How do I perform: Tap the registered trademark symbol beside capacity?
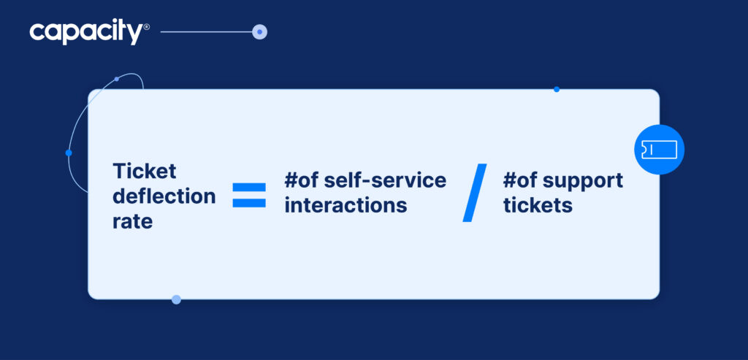pos(147,27)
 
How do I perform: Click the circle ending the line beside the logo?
pos(259,32)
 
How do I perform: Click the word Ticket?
pos(145,171)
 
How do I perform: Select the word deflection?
pos(164,196)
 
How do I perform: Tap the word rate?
pos(132,221)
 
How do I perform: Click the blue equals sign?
pos(249,195)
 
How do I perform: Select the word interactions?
pos(346,205)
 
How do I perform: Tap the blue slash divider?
pos(475,193)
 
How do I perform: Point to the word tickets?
pos(538,205)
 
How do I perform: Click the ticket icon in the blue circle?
pos(659,150)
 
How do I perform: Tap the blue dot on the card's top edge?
pos(557,89)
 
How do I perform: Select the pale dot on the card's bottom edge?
pos(176,299)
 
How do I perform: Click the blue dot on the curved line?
pos(69,153)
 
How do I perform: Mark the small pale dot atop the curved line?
pos(117,79)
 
